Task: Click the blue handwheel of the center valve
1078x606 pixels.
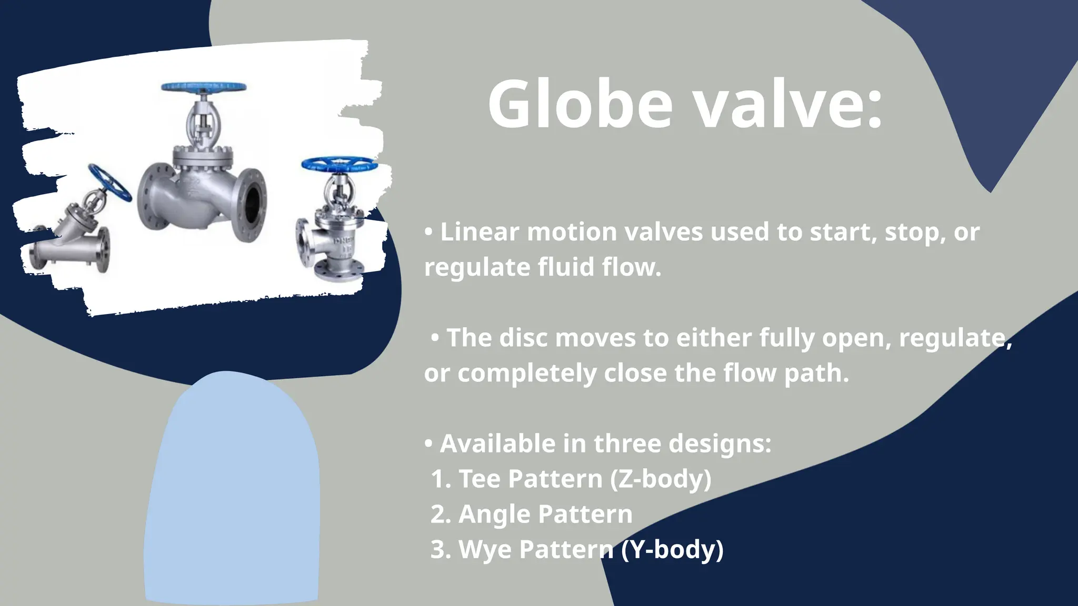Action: (x=204, y=87)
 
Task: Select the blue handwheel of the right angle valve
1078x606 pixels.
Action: (x=340, y=164)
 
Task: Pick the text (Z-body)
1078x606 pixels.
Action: (x=661, y=479)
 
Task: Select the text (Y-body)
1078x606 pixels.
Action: (x=672, y=550)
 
